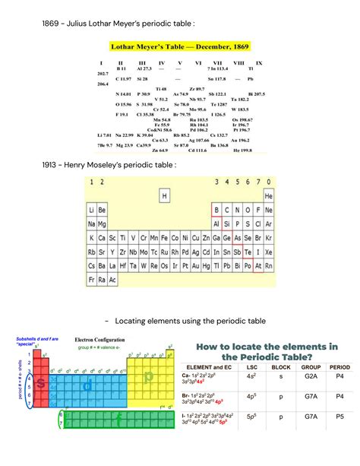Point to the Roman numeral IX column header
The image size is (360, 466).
(x=259, y=63)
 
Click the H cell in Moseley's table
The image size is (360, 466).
(x=164, y=196)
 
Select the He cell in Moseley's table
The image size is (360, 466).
(x=268, y=196)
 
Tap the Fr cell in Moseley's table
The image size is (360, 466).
(x=92, y=280)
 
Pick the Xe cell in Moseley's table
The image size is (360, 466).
(x=268, y=252)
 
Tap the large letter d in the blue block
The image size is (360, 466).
(x=88, y=386)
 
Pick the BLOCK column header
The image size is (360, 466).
(x=280, y=367)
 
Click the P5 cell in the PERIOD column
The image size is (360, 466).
(x=339, y=417)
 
